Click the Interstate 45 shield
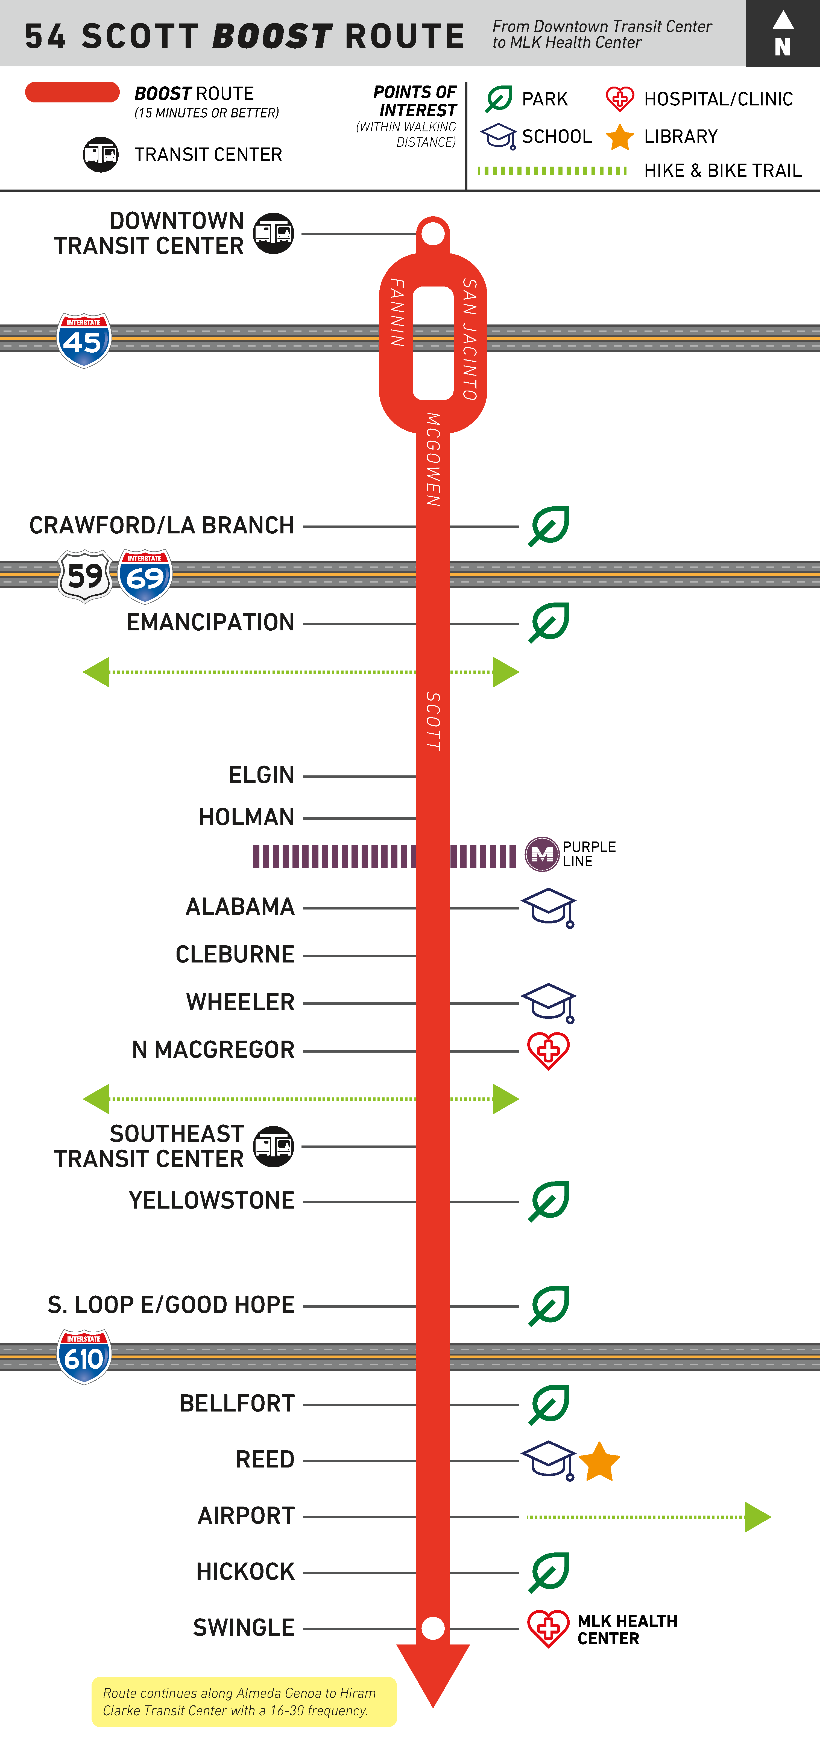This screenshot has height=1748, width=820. (x=83, y=340)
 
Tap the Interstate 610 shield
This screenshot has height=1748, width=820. (x=83, y=1356)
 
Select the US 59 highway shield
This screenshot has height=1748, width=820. (x=85, y=576)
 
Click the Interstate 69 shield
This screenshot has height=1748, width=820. (x=145, y=576)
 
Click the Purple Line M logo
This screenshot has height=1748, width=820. (x=542, y=854)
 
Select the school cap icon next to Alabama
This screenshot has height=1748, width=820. (x=549, y=907)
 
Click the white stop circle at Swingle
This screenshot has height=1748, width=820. (x=433, y=1628)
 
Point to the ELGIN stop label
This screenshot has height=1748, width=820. (x=261, y=775)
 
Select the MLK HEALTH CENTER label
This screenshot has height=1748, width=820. (x=627, y=1629)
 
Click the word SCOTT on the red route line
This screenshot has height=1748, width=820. (x=433, y=721)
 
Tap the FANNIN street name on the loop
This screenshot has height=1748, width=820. (x=397, y=312)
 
